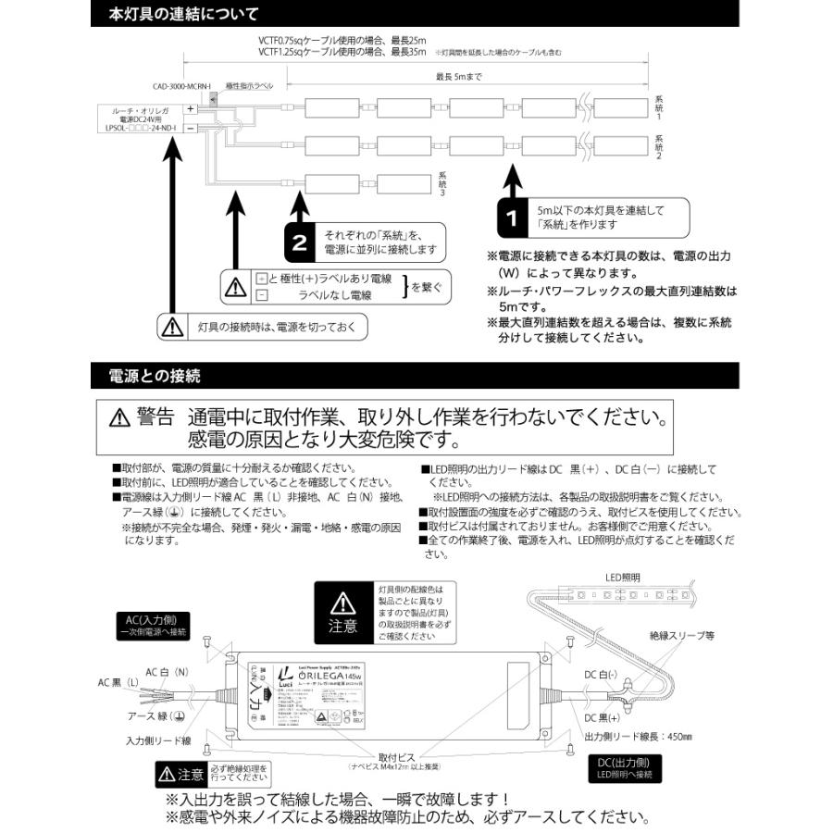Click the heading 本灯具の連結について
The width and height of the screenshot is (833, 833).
point(183,15)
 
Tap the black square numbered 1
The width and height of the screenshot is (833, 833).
point(510,218)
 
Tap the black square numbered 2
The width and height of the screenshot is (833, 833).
point(299,242)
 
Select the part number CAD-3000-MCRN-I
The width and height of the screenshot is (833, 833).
point(182,87)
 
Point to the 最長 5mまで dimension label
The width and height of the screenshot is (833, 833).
point(459,78)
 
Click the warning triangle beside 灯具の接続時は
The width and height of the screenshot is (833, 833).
point(173,327)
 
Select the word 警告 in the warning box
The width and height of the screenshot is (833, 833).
point(155,416)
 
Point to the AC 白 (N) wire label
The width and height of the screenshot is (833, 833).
point(167,671)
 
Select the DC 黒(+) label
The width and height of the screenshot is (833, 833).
point(603,717)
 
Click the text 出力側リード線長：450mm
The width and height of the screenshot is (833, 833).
point(639,737)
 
